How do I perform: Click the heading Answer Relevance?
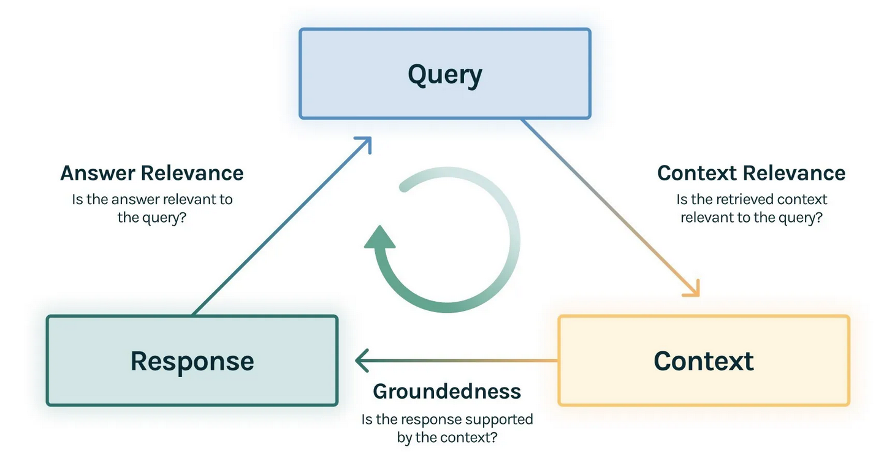(151, 173)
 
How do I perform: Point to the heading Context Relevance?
(751, 173)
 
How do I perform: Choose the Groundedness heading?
(447, 391)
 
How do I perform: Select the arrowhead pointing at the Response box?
(361, 361)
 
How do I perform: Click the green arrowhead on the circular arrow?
(380, 237)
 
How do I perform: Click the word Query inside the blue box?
(444, 74)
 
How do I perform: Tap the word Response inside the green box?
(192, 361)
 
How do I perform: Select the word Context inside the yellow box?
(704, 361)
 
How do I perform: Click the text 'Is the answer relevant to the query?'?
(152, 208)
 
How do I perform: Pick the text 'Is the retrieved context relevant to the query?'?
(752, 208)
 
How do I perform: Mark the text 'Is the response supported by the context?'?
(447, 429)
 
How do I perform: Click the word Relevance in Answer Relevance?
(192, 173)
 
